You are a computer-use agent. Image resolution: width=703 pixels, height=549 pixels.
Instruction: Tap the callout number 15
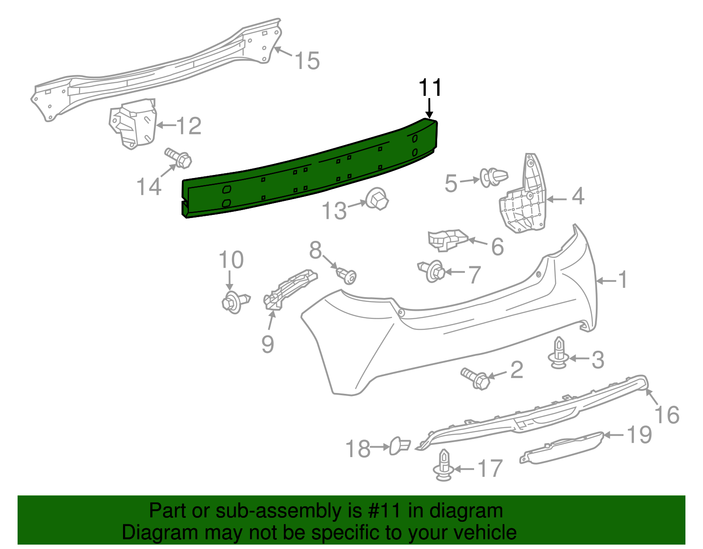coord(307,61)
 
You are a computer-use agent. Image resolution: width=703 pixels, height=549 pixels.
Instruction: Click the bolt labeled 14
coord(178,158)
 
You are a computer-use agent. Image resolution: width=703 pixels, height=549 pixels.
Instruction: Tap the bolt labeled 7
coord(432,271)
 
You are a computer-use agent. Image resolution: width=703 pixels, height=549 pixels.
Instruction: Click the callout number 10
coord(231,260)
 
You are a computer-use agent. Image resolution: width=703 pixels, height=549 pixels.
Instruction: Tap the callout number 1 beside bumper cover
coord(623,280)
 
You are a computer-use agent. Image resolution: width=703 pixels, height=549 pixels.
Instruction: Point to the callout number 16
coord(667,415)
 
